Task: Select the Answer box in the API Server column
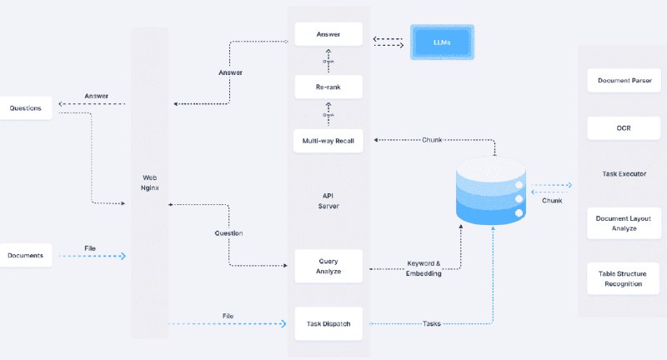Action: [328, 35]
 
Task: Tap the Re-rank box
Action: [328, 87]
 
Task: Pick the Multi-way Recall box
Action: [328, 141]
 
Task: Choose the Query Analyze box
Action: [328, 265]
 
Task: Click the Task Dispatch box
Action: [328, 324]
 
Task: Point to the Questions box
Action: [26, 107]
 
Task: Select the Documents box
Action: [26, 254]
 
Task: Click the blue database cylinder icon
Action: [491, 194]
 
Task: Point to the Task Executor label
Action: [624, 174]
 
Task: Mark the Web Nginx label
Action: [150, 182]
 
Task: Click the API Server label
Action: [328, 201]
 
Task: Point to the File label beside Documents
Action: [90, 247]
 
